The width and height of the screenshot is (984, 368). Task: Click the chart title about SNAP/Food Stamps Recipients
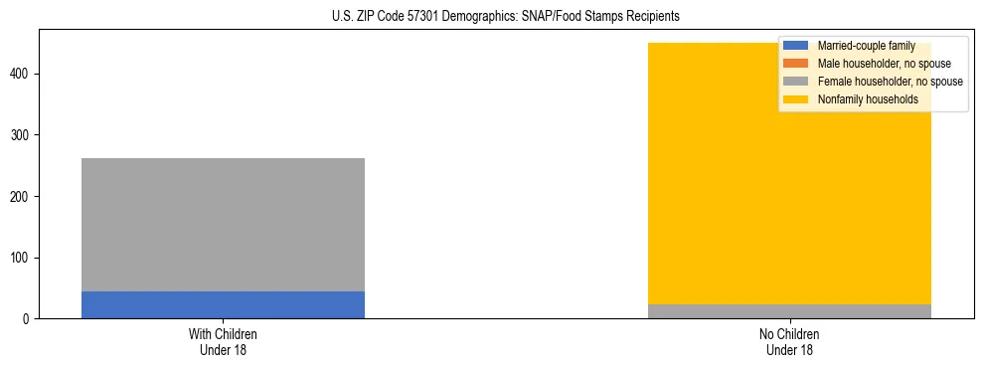tap(506, 17)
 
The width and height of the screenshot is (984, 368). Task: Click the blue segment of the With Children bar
tap(223, 304)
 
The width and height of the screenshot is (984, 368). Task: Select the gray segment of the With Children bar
tap(223, 225)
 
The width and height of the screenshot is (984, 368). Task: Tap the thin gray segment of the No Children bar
tap(789, 311)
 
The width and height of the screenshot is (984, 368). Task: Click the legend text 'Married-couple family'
tap(866, 46)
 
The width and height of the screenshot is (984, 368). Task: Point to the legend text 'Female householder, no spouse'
tap(890, 82)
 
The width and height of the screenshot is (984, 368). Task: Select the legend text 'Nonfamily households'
tap(866, 99)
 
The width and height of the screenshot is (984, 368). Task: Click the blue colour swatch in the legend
tap(796, 46)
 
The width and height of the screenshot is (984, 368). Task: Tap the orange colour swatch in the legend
tap(796, 64)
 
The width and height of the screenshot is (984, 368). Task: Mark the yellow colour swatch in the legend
tap(796, 99)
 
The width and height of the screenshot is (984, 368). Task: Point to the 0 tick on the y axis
tap(29, 319)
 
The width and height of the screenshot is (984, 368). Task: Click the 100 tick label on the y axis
tap(23, 258)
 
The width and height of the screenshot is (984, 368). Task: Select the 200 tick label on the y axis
tap(23, 196)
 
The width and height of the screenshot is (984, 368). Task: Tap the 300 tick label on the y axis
tap(23, 135)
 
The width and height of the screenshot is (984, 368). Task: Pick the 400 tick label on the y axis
tap(23, 74)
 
